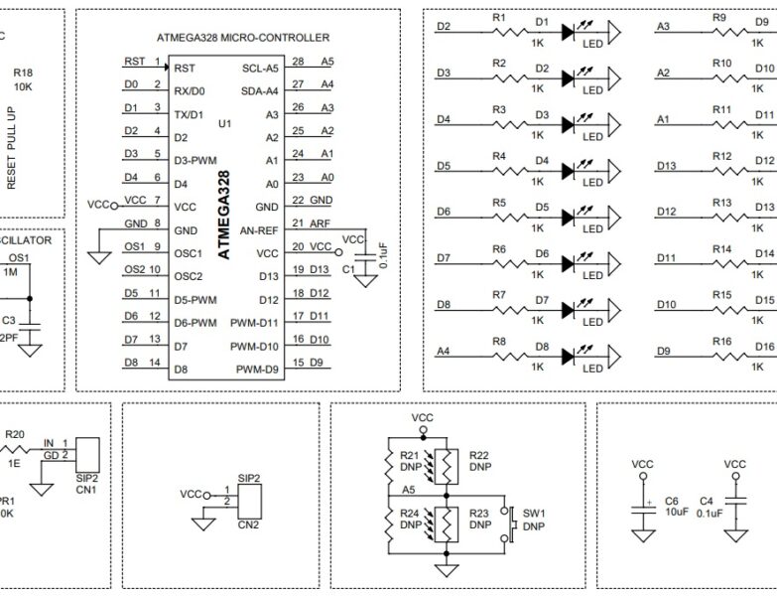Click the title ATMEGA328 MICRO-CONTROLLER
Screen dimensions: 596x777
click(242, 38)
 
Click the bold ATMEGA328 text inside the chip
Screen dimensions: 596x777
click(224, 215)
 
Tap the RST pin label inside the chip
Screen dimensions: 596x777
click(185, 69)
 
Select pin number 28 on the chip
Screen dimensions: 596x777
click(298, 62)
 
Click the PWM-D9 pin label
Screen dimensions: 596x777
click(257, 370)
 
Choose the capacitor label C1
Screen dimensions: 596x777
click(347, 269)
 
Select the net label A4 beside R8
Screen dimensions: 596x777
click(444, 350)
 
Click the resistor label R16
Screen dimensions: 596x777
click(721, 341)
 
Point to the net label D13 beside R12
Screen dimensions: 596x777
click(666, 166)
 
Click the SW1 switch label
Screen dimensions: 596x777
click(535, 513)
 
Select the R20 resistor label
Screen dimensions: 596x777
click(15, 434)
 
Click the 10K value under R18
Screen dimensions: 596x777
click(22, 87)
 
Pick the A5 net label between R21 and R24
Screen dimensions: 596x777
click(409, 489)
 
